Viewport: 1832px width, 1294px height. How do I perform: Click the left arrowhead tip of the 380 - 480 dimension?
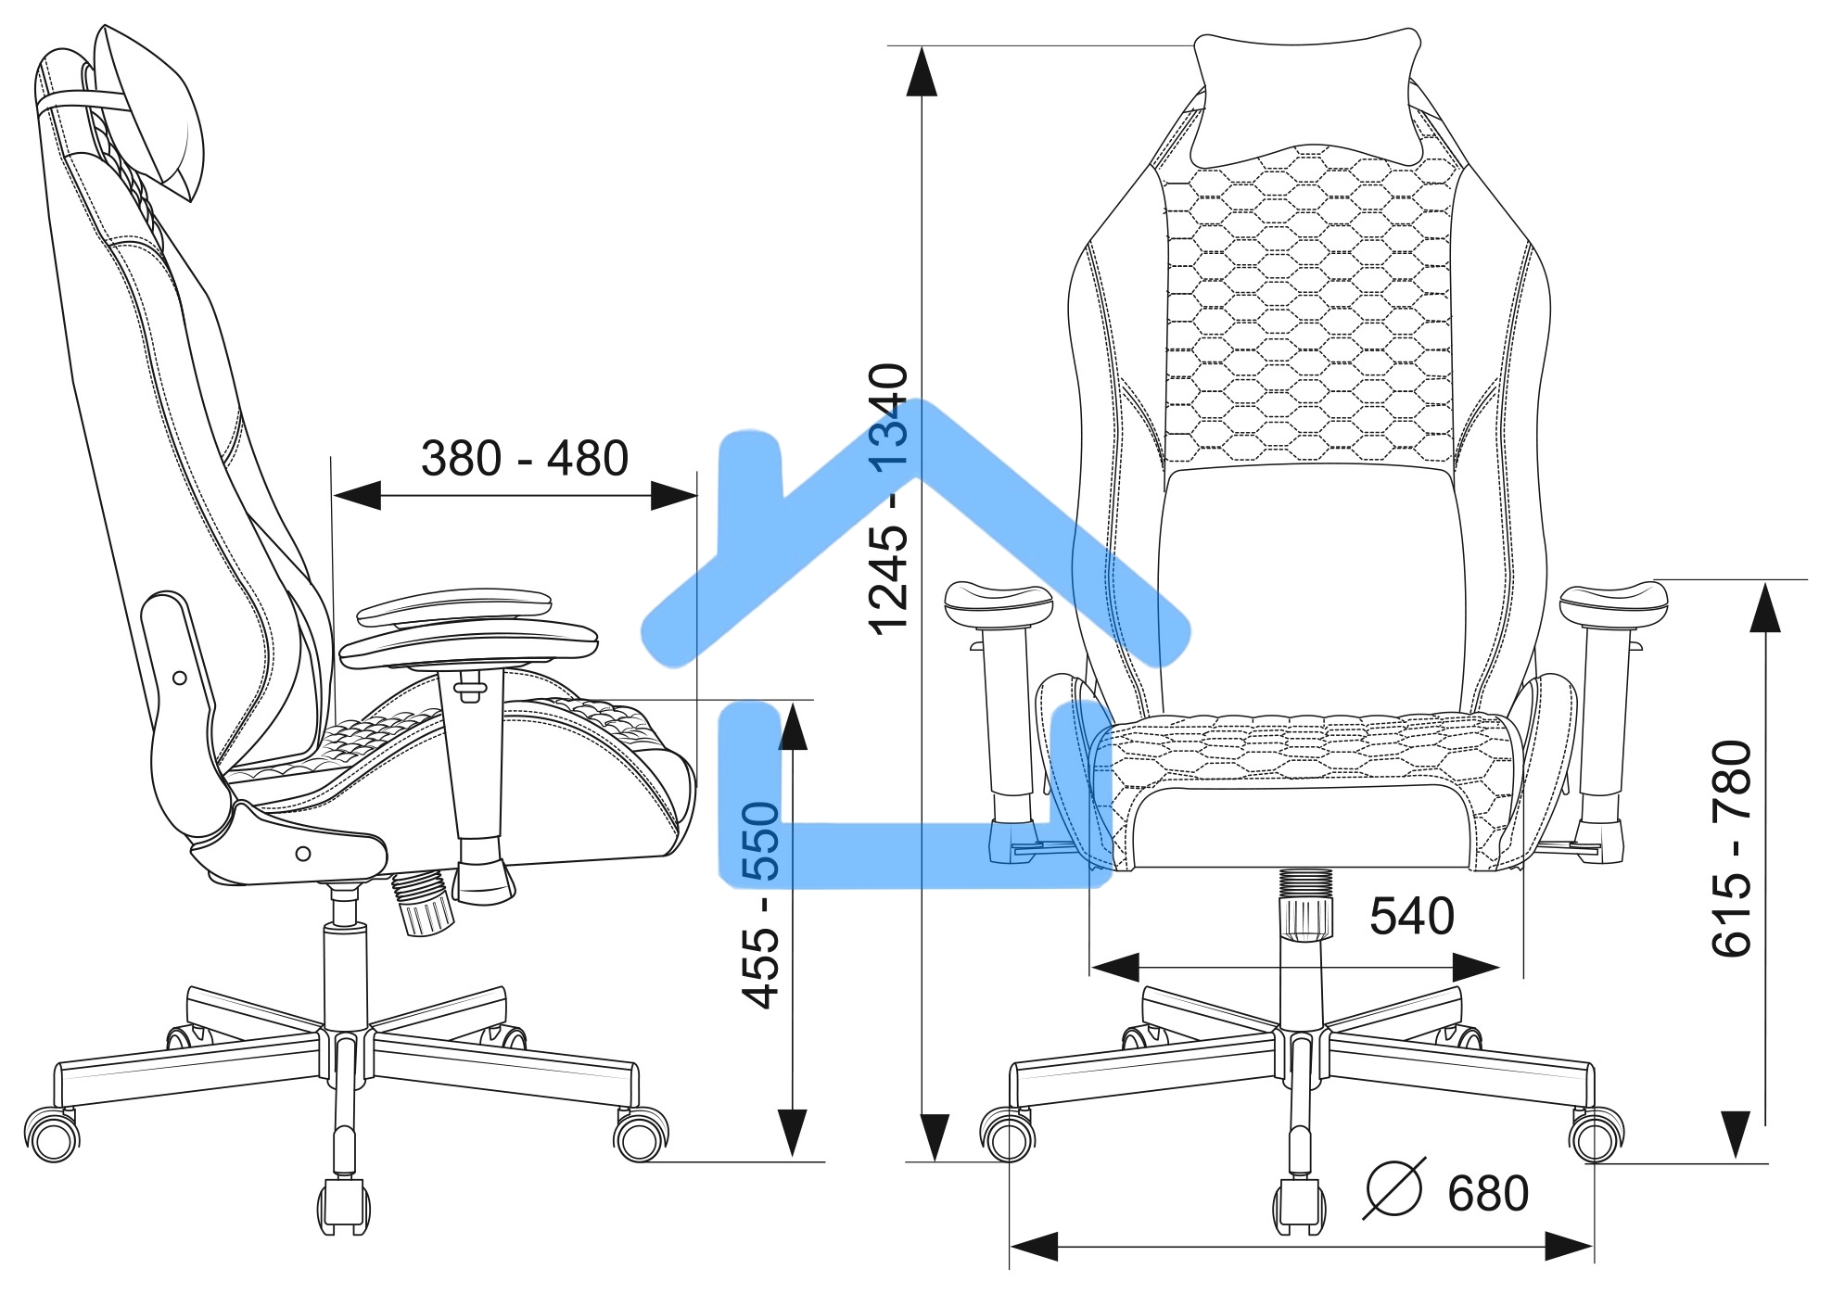click(x=333, y=496)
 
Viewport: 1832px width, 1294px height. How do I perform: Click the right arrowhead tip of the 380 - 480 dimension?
click(x=697, y=496)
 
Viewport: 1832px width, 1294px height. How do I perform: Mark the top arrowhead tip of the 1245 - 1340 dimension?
click(x=921, y=46)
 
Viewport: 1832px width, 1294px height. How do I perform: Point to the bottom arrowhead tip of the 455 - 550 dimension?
click(x=793, y=1159)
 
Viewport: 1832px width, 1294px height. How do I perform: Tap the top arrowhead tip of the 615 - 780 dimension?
click(x=1764, y=581)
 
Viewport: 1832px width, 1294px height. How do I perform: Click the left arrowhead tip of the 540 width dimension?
click(x=1091, y=968)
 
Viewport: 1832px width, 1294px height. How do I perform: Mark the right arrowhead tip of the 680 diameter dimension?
click(x=1593, y=1246)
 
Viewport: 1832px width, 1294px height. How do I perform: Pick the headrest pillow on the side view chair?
click(x=148, y=111)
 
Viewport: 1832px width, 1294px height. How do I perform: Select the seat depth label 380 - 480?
click(x=525, y=458)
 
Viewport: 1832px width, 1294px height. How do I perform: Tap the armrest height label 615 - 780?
click(x=1731, y=848)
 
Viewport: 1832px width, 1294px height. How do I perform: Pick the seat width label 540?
click(x=1412, y=916)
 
